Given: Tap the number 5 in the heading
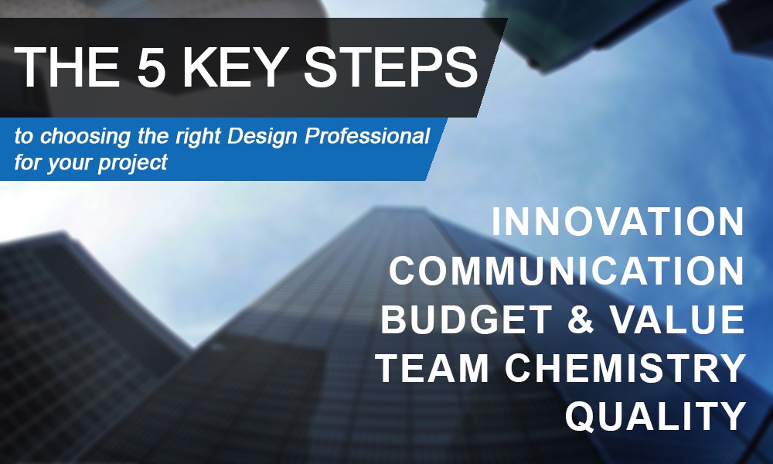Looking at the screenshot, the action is point(150,67).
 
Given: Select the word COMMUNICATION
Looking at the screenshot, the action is point(567,270).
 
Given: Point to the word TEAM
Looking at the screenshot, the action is point(433,368).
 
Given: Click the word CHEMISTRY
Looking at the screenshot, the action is point(625,368).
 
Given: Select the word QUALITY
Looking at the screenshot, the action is point(655,417).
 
